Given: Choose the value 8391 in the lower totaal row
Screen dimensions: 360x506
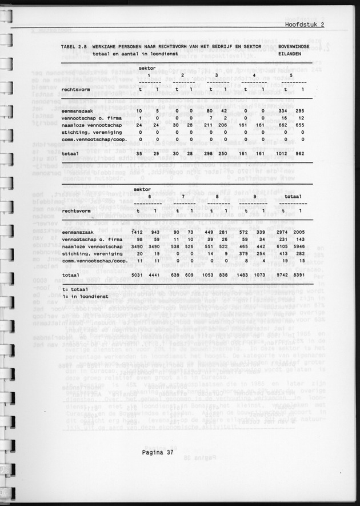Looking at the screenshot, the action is pos(301,275).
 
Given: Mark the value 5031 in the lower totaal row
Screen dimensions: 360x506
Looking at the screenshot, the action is pos(139,275).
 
